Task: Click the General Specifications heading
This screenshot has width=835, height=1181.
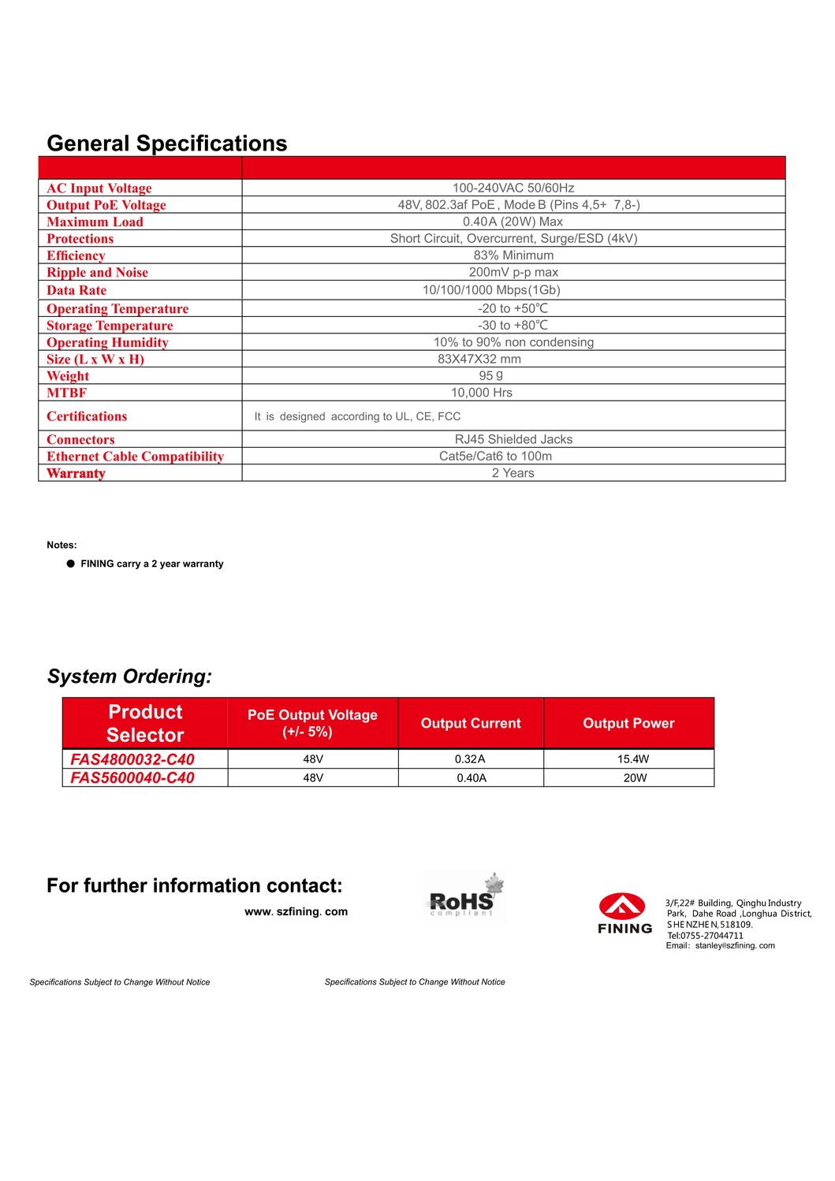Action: click(167, 143)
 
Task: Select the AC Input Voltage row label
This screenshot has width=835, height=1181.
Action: click(99, 188)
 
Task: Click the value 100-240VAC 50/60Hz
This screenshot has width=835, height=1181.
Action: click(513, 188)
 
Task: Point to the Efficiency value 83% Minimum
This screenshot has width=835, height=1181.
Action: click(513, 255)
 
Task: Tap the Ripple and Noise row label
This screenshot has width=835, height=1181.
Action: click(97, 273)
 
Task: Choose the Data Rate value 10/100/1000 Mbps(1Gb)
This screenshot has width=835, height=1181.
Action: click(491, 290)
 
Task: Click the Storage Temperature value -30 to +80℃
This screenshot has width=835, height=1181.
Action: click(513, 326)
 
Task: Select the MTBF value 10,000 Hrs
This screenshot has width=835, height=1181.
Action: click(481, 393)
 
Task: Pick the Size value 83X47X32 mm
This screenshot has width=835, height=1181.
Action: click(479, 360)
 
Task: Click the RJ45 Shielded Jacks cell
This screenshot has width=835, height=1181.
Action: click(513, 440)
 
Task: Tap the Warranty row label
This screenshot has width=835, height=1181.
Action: click(76, 474)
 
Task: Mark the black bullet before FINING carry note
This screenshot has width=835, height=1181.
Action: click(71, 564)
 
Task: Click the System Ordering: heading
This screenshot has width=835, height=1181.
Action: click(129, 676)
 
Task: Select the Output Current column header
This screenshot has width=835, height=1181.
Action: click(471, 724)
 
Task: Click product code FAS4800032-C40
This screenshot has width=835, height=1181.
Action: click(132, 759)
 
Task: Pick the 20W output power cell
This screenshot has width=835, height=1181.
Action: click(635, 778)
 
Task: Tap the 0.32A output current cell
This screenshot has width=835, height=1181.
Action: click(470, 759)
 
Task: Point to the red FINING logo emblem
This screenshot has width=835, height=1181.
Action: click(622, 907)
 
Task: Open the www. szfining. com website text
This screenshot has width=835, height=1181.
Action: click(296, 912)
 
